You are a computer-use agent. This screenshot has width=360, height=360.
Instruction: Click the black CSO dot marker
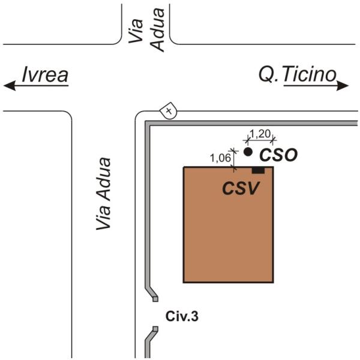[x=248, y=152]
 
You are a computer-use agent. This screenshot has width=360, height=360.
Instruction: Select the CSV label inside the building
[x=241, y=188]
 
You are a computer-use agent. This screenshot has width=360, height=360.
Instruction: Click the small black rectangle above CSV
[x=258, y=170]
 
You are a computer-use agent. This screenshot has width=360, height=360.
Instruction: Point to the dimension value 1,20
[x=260, y=133]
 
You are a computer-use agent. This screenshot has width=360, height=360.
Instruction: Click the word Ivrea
[x=45, y=75]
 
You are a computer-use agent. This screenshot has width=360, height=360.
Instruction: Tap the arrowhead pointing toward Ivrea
[x=9, y=86]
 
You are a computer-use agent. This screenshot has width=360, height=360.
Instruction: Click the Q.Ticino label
[x=298, y=75]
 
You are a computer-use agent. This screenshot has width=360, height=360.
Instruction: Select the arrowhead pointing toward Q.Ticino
[x=343, y=86]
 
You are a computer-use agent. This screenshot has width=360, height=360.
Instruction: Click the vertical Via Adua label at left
[x=104, y=193]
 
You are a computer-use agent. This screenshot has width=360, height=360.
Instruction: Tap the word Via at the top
[x=136, y=31]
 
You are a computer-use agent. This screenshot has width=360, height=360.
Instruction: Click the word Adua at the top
[x=157, y=35]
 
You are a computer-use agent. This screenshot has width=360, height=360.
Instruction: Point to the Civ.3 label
[x=182, y=314]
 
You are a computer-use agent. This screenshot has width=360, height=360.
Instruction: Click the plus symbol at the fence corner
[x=169, y=111]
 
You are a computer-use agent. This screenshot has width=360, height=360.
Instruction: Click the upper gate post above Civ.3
[x=155, y=297]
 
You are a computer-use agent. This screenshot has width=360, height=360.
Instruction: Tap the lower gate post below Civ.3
[x=155, y=329]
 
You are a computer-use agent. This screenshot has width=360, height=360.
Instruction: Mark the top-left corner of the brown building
[x=184, y=167]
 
